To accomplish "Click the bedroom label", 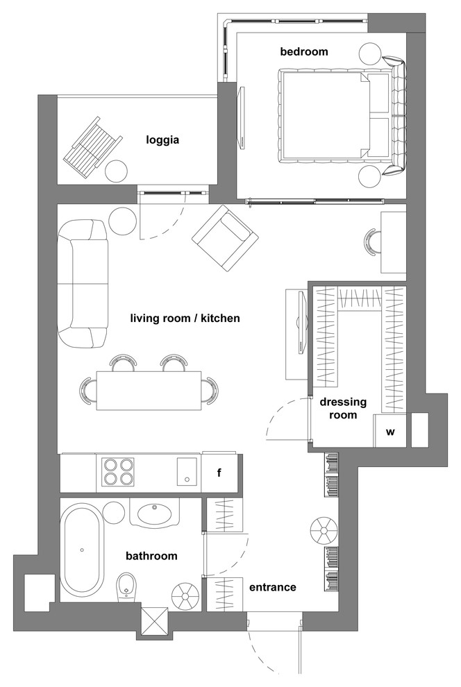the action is coord(304,52).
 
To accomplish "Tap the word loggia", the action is coord(162,140).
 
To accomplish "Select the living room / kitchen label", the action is coord(185,318).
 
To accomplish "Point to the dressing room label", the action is coord(343,408).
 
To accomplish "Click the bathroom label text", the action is coord(151,556).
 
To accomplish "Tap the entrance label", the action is coord(273,587).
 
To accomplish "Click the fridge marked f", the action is coord(219,473).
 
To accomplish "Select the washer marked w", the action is coord(390,432).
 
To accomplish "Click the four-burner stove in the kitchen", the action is coord(118,472).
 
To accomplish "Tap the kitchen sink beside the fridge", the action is coord(187,471).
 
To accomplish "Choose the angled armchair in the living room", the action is coord(225,238).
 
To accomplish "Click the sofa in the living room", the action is coord(83,284).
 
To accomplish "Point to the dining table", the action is coord(149,391).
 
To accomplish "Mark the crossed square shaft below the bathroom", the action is coord(155,620).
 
